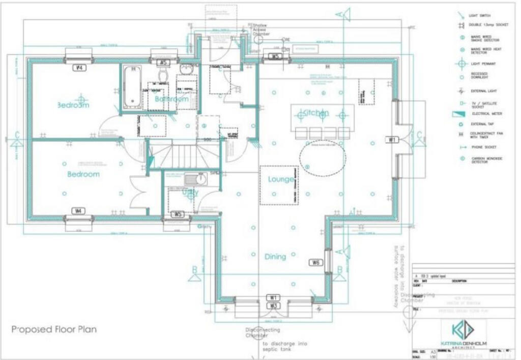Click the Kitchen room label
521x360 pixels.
pos(315,113)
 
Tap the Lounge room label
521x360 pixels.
pos(281,180)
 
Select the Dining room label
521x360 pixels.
pos(275,257)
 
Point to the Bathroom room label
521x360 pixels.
pos(171,99)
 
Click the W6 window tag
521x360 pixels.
pos(315,263)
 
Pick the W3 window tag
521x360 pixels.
pos(273,306)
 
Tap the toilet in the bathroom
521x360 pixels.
pos(163,76)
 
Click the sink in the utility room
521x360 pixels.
pos(196,179)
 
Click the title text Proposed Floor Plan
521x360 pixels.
pos(54,329)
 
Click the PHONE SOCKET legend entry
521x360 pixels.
pos(481,147)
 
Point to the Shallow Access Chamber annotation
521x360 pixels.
pos(264,30)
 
